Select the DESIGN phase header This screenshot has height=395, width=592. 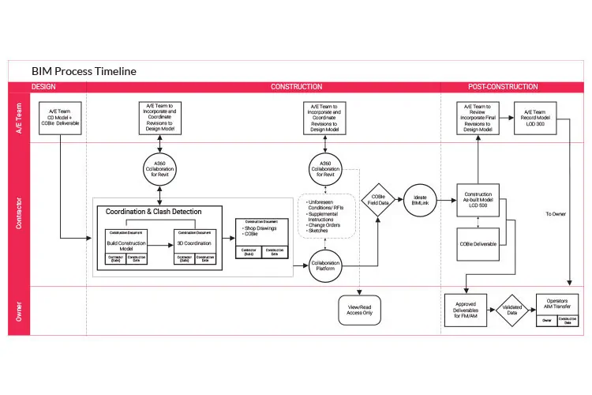coord(44,87)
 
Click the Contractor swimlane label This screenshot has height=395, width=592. coord(18,214)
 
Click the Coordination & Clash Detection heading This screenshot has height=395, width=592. coord(154,211)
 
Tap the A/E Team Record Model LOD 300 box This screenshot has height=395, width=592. coord(539,118)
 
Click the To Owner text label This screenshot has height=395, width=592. coord(556,214)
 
